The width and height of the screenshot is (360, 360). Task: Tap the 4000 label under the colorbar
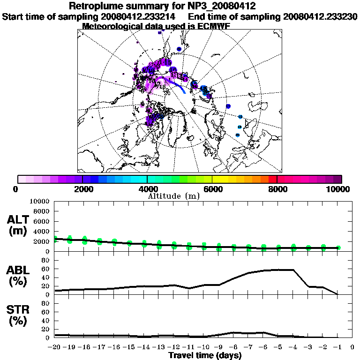click(147, 189)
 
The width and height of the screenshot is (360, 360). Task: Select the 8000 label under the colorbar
click(277, 189)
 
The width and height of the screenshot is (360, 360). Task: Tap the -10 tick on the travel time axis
click(203, 347)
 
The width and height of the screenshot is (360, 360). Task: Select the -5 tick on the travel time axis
click(278, 347)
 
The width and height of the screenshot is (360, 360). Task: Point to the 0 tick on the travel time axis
click(352, 347)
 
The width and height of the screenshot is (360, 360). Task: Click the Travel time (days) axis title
click(205, 355)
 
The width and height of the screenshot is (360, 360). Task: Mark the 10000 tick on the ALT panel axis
click(39, 201)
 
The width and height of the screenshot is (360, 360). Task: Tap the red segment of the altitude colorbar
click(272, 179)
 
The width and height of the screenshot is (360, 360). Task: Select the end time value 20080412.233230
click(321, 16)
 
